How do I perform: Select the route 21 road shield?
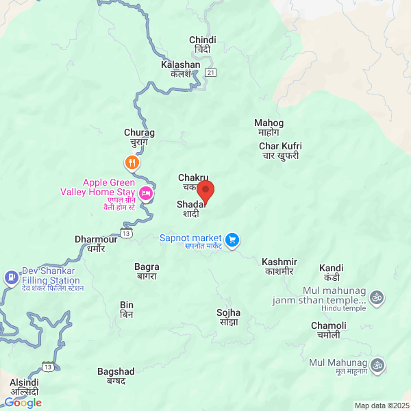coord(210,73)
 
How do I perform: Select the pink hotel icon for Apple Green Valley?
coord(146,195)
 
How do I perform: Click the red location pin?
coord(206,191)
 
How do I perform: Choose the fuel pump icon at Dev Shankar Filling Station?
coord(11,277)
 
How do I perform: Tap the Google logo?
coord(23,403)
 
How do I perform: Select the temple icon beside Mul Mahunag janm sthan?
coord(375,297)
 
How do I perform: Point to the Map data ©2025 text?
coord(382,406)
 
